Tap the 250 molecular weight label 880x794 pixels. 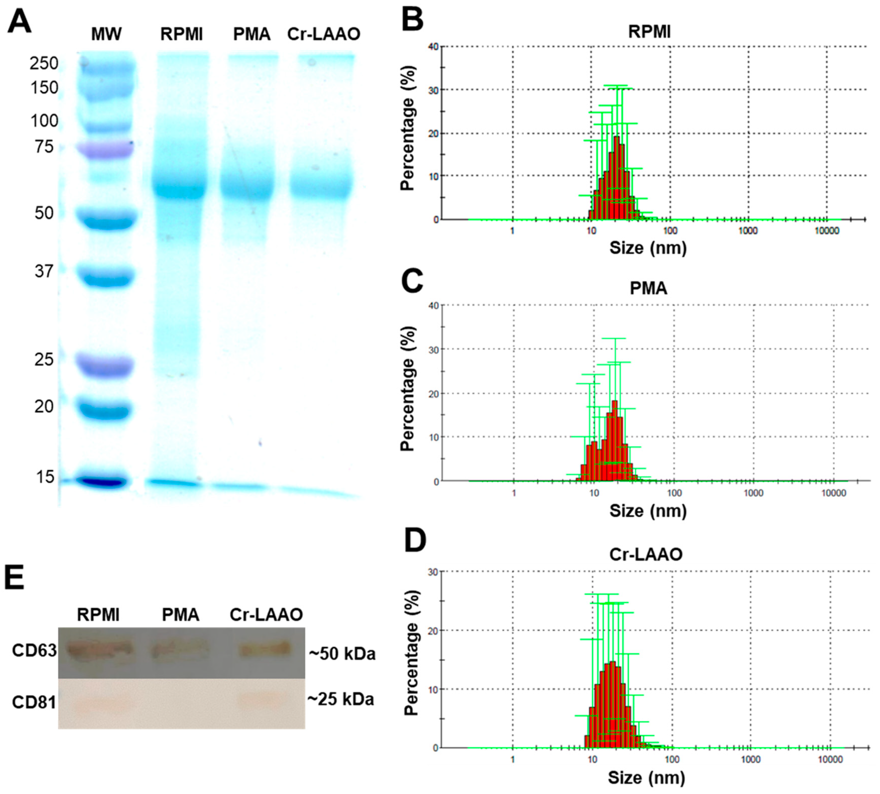click(44, 64)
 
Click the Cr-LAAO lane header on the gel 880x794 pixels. click(324, 34)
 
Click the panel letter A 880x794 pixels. click(20, 22)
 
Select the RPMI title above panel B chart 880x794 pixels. click(649, 32)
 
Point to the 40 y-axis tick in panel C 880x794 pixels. click(434, 305)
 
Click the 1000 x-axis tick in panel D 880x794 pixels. click(751, 759)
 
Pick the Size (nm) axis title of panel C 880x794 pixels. click(648, 510)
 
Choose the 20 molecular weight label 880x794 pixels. click(44, 407)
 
